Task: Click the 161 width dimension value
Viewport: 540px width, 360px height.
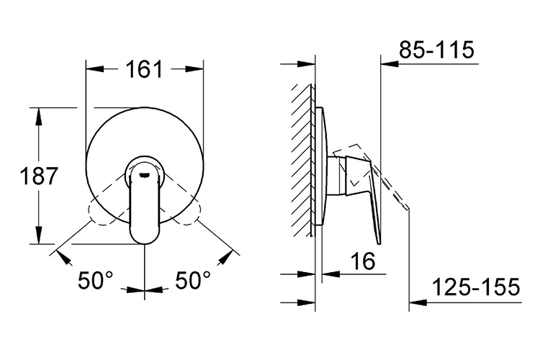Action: (144, 71)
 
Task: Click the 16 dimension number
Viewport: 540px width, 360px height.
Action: (364, 262)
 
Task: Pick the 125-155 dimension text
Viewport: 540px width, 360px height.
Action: (476, 288)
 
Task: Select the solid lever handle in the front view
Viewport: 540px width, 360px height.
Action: (145, 209)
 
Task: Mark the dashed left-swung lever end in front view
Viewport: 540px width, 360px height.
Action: (95, 214)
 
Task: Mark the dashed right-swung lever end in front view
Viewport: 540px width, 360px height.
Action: (194, 214)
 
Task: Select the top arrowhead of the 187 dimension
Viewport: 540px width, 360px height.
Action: (38, 114)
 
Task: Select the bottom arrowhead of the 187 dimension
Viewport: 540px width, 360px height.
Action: (38, 238)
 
